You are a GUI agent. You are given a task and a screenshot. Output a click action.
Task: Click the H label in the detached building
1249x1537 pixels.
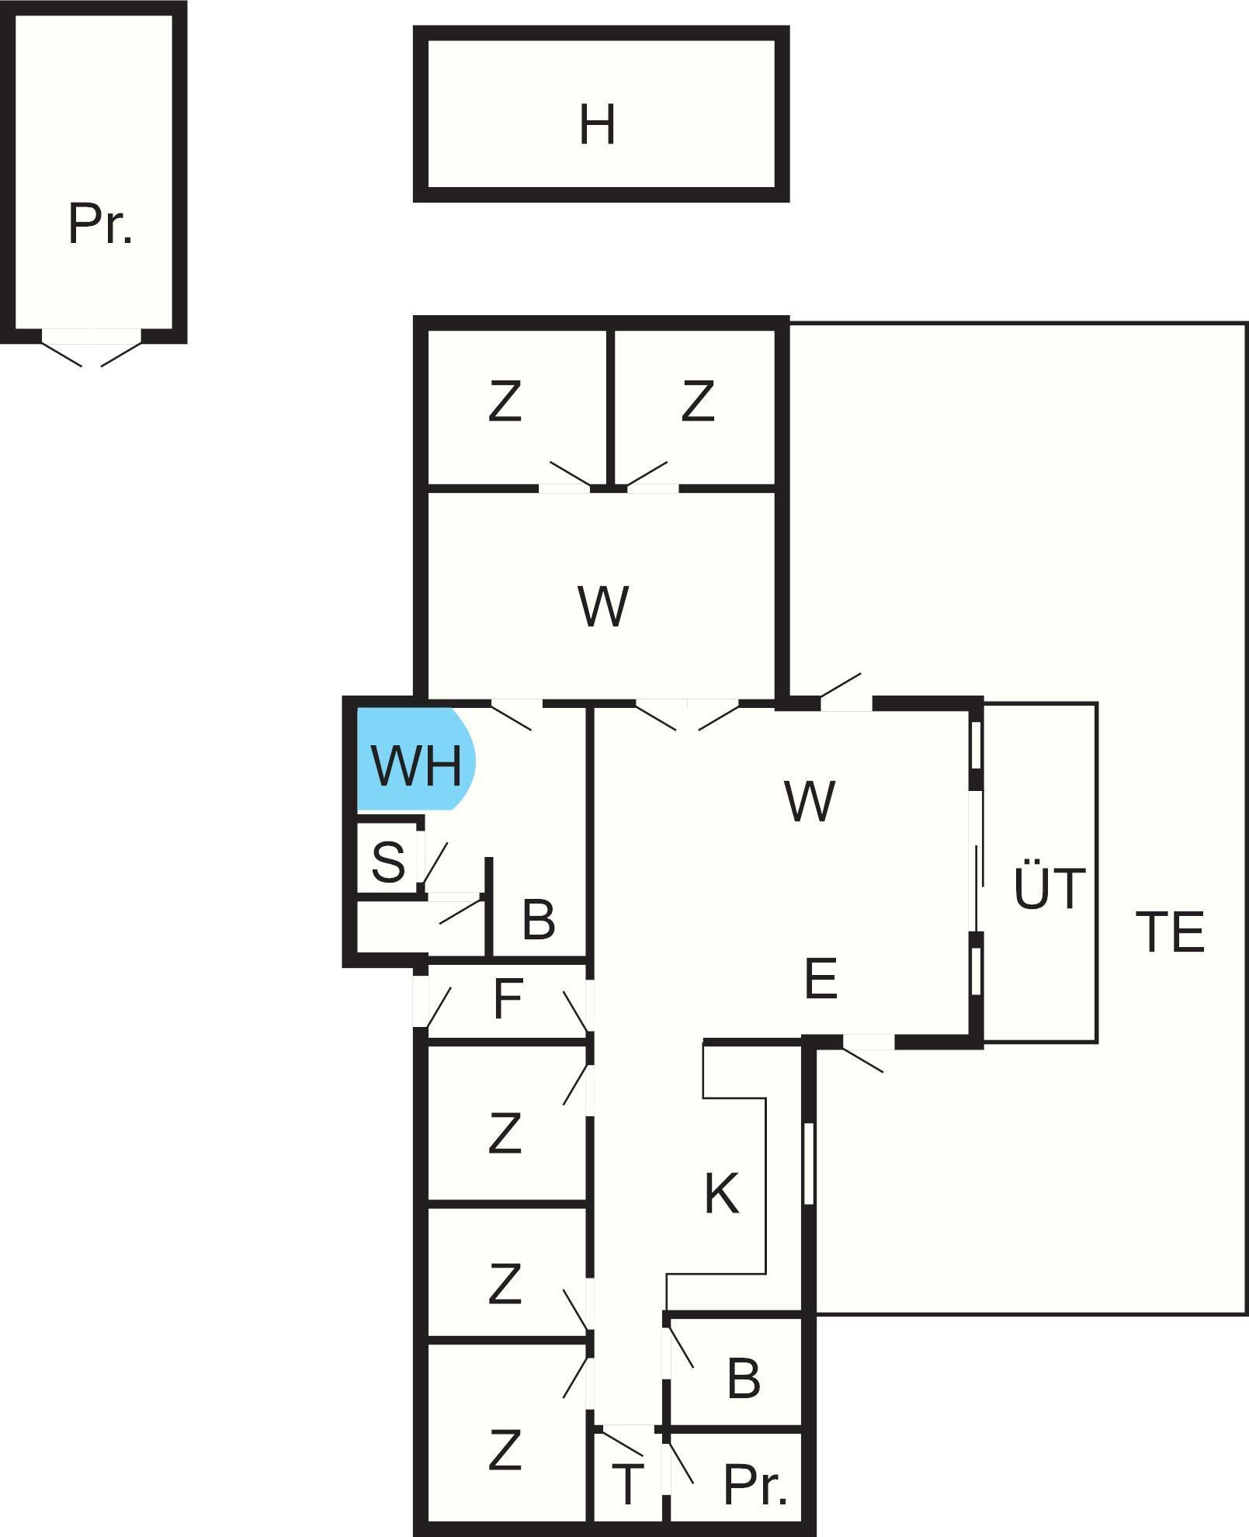(597, 125)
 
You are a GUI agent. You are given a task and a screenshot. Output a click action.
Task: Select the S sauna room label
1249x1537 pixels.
(388, 861)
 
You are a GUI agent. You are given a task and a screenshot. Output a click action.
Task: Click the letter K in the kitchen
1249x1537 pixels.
(721, 1193)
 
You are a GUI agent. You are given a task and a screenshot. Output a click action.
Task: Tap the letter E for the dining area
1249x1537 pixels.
(821, 978)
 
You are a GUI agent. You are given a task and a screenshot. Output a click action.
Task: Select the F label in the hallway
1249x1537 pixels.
(508, 999)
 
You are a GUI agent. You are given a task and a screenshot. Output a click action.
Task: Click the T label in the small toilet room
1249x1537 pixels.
(626, 1484)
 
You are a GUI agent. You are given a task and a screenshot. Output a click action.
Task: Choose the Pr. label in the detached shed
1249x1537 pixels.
(100, 224)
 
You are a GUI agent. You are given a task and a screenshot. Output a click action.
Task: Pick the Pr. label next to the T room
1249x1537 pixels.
(755, 1484)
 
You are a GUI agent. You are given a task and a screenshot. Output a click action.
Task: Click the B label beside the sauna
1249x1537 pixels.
(539, 919)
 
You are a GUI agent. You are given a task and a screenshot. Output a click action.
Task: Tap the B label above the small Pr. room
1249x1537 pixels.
(744, 1379)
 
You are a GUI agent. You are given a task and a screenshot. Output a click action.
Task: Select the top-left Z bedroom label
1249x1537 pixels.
(505, 402)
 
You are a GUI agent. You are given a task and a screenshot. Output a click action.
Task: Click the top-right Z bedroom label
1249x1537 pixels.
(697, 402)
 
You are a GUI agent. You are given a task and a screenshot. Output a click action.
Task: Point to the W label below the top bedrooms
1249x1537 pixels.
(602, 606)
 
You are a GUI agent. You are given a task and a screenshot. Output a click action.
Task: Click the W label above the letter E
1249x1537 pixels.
(810, 801)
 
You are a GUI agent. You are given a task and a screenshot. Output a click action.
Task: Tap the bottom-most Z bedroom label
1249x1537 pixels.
(505, 1450)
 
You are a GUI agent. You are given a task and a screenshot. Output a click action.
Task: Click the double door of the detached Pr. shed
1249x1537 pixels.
(92, 345)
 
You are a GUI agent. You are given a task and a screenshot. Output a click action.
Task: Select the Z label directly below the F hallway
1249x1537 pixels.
(505, 1133)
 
